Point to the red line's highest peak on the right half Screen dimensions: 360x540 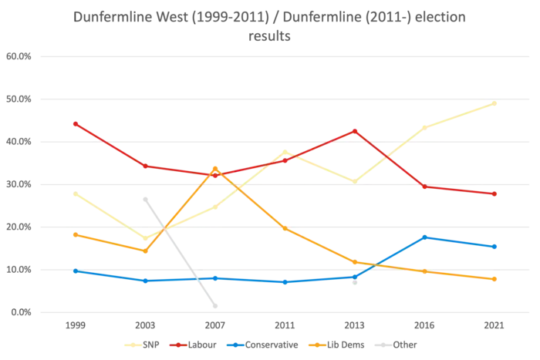point(355,130)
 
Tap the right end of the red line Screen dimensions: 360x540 point(497,194)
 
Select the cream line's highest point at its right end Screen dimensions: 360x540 point(497,103)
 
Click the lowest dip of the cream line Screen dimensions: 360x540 point(144,237)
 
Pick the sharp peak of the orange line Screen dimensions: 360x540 point(215,167)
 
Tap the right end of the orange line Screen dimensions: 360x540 point(497,279)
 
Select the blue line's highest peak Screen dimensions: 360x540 point(427,236)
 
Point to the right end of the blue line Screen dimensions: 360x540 point(497,247)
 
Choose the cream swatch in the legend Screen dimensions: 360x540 point(133,344)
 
